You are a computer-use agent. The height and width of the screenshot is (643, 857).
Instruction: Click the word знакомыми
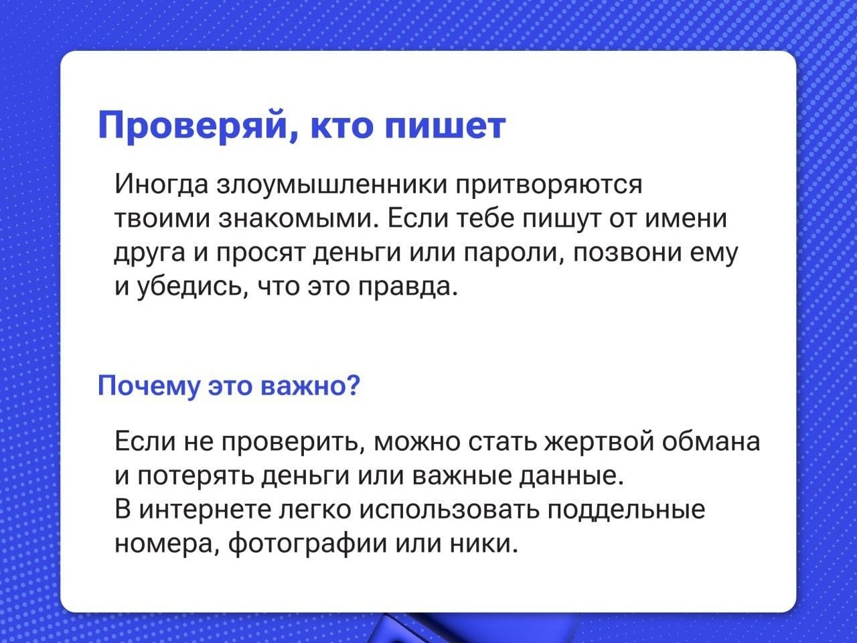[x=295, y=218]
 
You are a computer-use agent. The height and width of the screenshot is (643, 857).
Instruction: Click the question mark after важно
[x=353, y=384]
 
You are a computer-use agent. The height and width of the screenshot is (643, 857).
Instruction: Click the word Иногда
[x=161, y=185]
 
